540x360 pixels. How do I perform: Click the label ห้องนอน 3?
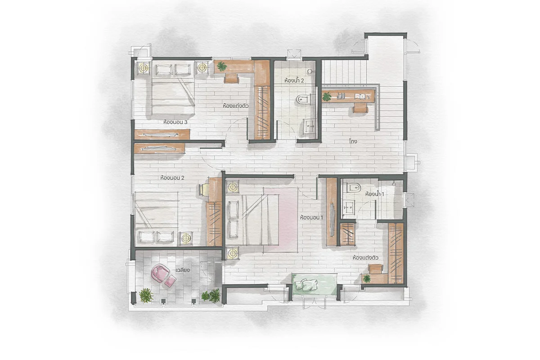click(x=175, y=122)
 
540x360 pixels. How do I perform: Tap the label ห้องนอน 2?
click(x=172, y=178)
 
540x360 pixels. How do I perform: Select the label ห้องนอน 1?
click(x=311, y=217)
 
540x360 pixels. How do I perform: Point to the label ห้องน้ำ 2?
click(x=294, y=80)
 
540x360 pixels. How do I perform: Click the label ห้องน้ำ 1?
click(x=374, y=194)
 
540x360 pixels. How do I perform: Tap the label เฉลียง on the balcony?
click(x=183, y=270)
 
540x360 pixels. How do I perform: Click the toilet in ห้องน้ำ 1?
click(x=353, y=187)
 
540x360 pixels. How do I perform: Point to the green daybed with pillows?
click(x=315, y=284)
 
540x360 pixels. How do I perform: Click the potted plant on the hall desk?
click(x=327, y=96)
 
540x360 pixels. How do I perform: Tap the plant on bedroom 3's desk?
click(x=222, y=66)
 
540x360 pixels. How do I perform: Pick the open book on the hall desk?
click(x=360, y=96)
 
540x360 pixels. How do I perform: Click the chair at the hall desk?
click(x=360, y=108)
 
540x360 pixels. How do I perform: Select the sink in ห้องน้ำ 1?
click(x=349, y=207)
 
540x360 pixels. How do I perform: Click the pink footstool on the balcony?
click(x=171, y=281)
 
